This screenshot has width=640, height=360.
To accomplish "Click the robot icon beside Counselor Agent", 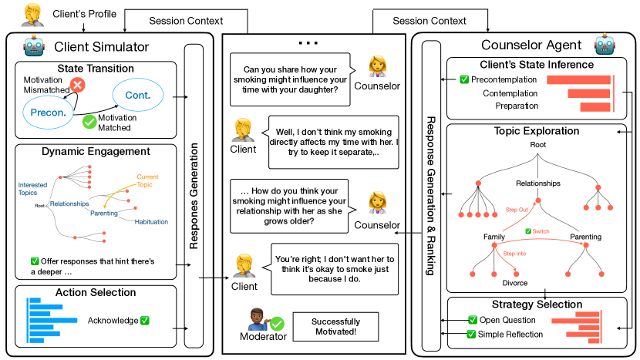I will tap(602, 46).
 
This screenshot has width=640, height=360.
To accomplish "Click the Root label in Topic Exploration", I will tap(537, 145).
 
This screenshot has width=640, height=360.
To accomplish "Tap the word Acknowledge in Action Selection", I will tap(113, 320).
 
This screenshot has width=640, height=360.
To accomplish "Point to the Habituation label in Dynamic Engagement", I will tap(152, 222).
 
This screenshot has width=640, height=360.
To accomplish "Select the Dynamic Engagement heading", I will tap(96, 151).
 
